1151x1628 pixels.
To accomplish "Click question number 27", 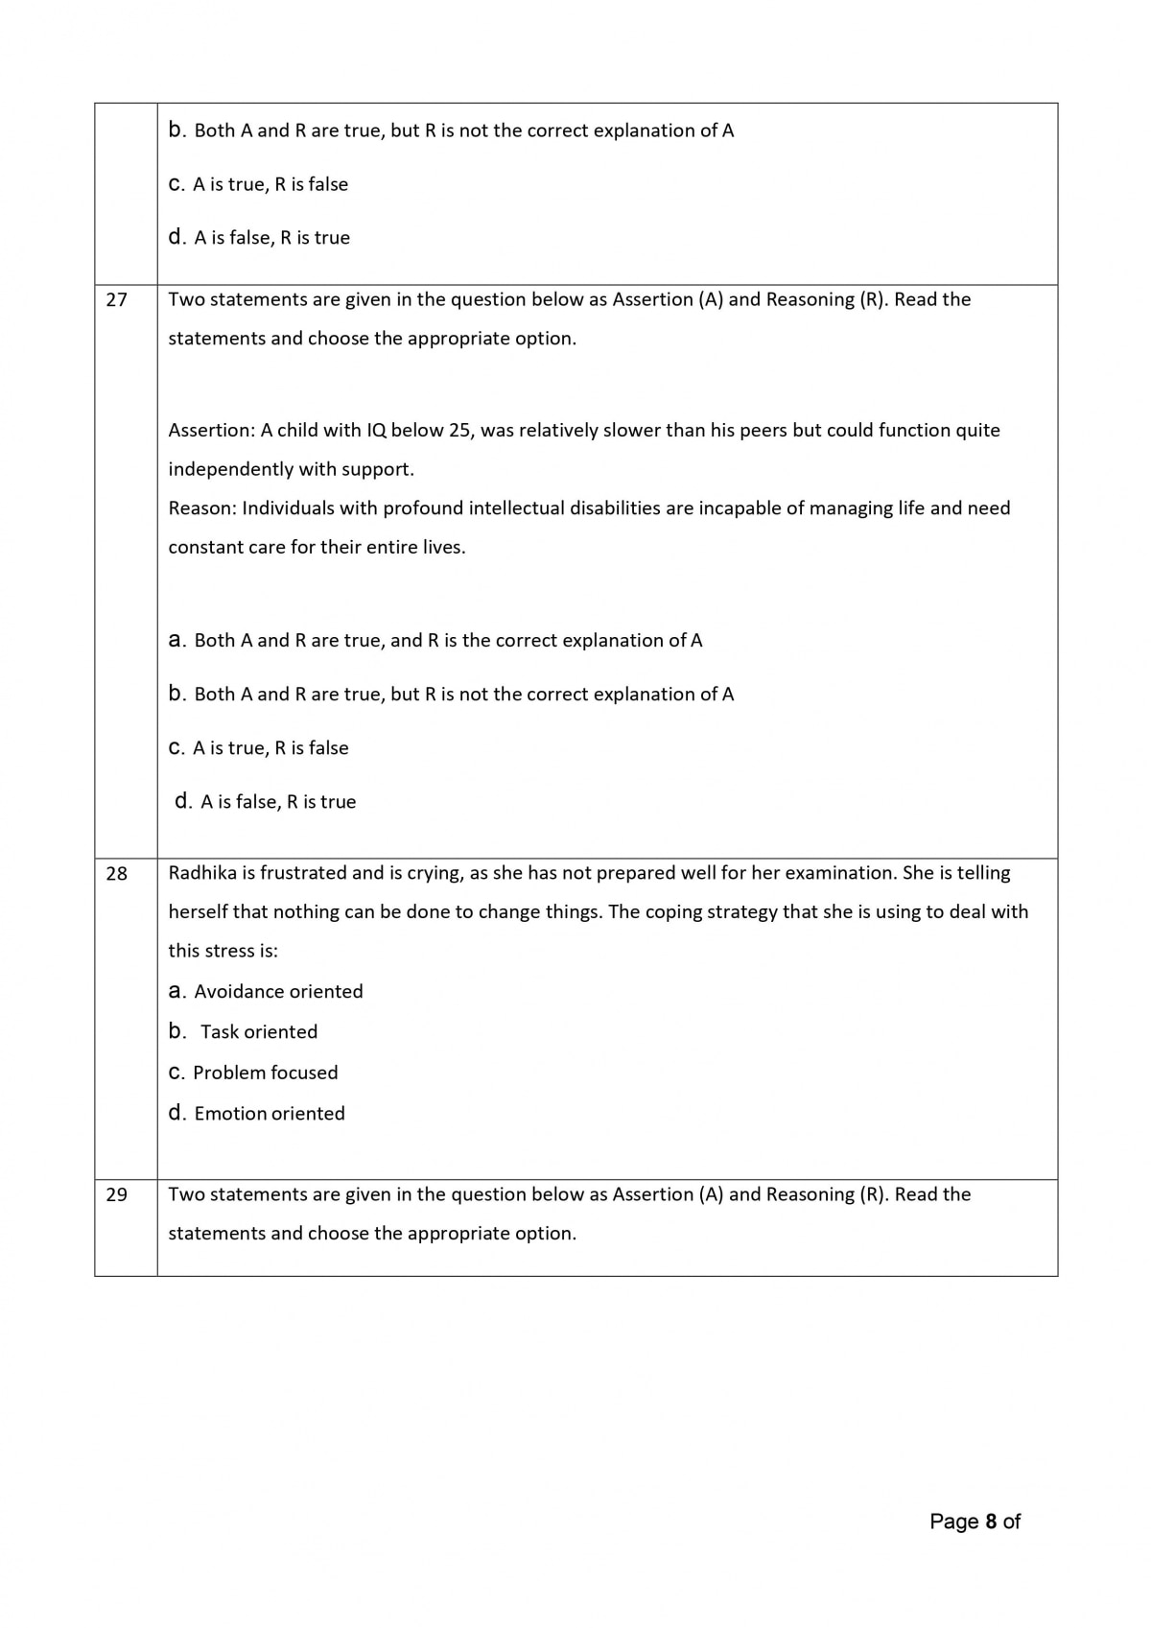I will coord(116,300).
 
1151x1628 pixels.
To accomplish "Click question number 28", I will coord(116,874).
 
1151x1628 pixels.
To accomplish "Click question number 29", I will coord(116,1195).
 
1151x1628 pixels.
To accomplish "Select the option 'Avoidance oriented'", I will coord(278,992).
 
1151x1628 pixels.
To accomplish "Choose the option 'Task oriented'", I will coord(258,1032).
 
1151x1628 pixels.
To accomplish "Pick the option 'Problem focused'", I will coord(265,1073).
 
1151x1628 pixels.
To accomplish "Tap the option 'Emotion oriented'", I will coord(269,1114).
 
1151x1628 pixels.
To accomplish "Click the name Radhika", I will coord(201,873).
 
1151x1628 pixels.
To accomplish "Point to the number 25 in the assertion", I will coord(460,431).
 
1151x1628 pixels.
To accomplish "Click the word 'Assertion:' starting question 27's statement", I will coord(211,431).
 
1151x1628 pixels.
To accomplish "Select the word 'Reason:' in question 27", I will coord(201,508).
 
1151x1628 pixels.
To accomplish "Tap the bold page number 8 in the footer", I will coord(991,1522).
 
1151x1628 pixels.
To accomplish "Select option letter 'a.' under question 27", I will coord(177,641).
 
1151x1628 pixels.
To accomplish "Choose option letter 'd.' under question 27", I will coord(184,802).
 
